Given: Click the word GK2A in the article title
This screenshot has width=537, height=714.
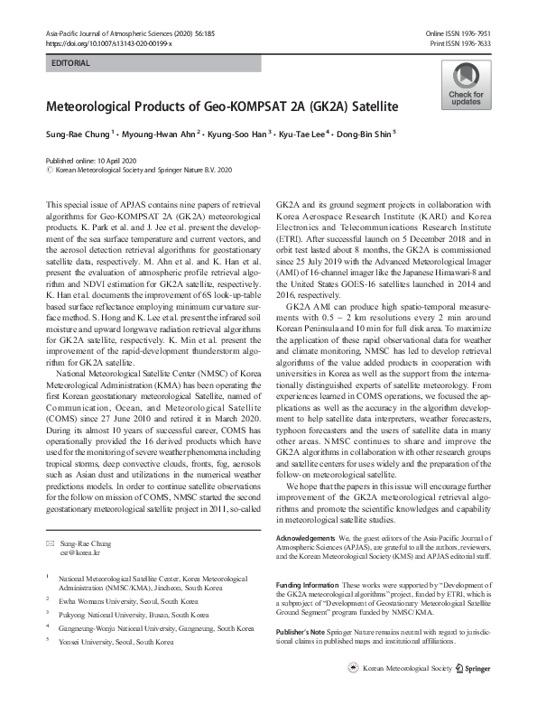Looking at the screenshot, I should click(x=330, y=107).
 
